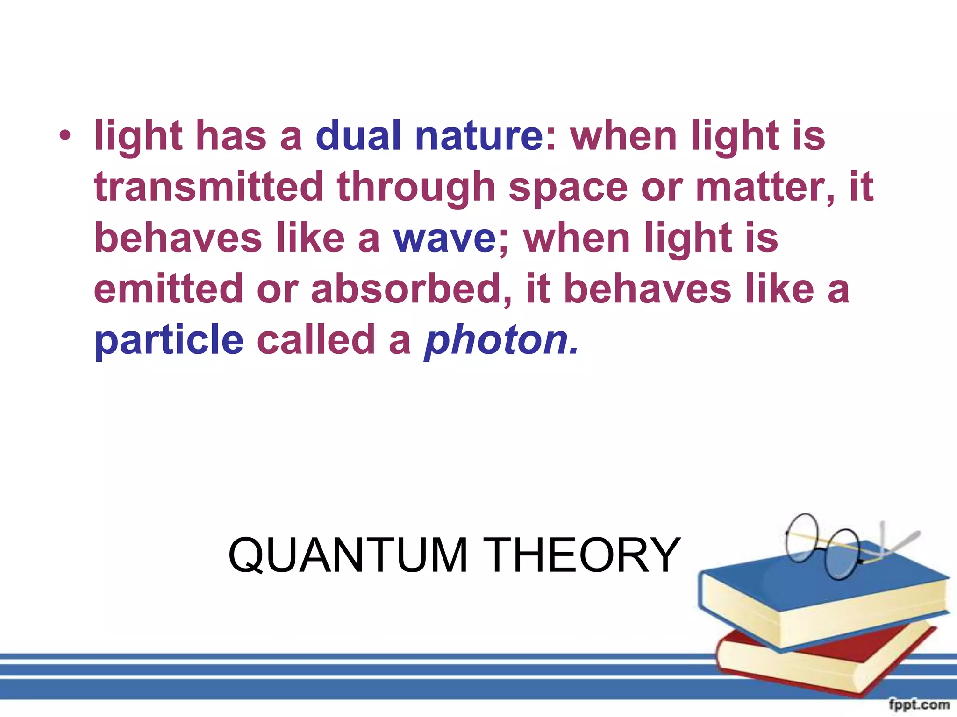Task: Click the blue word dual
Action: point(358,136)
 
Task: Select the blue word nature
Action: point(478,136)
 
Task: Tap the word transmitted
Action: point(208,187)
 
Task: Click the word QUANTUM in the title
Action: point(348,555)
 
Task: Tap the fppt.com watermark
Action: point(919,704)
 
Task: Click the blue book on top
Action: point(822,593)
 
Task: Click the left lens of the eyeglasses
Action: point(802,537)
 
